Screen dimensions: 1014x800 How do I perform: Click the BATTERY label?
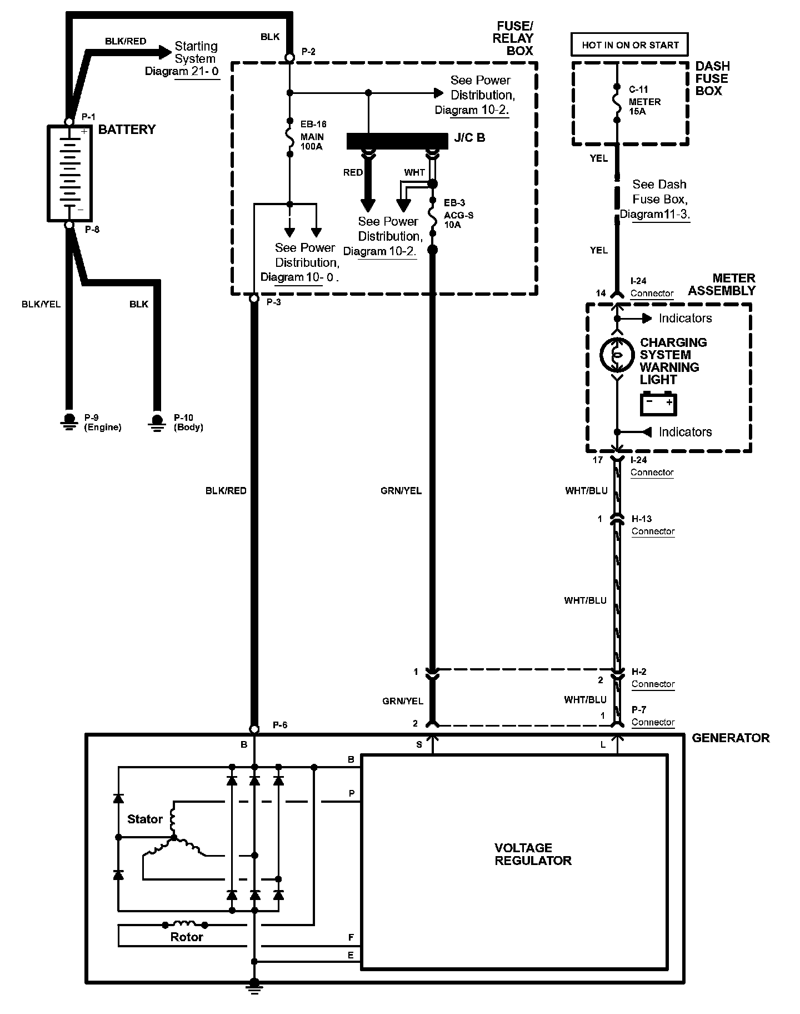127,130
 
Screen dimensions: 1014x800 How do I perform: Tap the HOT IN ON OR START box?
630,45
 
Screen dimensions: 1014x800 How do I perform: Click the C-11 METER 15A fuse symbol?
616,103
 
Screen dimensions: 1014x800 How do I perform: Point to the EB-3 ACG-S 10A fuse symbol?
433,213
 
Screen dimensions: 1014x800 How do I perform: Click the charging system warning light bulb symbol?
616,354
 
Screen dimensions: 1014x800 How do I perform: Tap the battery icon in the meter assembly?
658,404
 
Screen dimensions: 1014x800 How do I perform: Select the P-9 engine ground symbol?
69,422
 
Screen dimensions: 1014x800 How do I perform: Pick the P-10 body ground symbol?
157,422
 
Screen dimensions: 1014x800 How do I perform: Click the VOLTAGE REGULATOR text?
533,854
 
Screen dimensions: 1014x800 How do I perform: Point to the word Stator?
144,819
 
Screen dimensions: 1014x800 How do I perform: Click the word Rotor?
186,937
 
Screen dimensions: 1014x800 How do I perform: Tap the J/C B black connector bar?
397,141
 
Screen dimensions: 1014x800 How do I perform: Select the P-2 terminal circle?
289,57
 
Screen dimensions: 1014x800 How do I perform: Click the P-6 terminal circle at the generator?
254,729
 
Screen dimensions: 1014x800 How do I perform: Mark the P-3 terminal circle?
254,299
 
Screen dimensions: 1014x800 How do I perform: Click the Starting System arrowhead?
165,52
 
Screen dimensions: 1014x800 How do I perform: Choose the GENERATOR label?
731,738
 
